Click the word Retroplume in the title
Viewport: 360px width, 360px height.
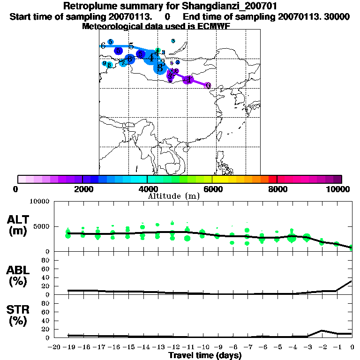coord(93,7)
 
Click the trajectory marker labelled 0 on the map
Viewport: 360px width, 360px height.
coord(208,86)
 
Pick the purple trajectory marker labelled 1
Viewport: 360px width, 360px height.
coord(188,80)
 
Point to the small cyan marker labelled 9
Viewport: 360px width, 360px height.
coord(104,63)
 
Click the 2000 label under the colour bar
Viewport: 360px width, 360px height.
coord(82,189)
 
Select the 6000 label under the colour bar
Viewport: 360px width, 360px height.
coord(212,189)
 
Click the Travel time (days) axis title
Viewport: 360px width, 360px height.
coord(205,355)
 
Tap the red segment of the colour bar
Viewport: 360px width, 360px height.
coord(272,179)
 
